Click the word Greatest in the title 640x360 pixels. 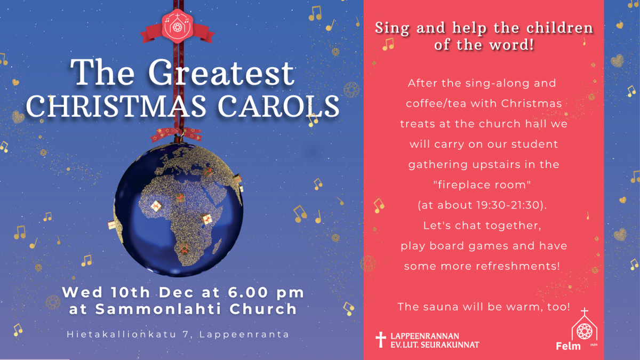(221, 73)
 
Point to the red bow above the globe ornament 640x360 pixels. (177, 134)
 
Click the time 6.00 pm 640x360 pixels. (266, 292)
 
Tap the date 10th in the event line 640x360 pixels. (130, 292)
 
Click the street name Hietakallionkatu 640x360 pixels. (122, 334)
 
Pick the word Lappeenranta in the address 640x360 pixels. (245, 334)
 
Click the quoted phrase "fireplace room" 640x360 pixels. (482, 185)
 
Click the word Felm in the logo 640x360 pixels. (569, 346)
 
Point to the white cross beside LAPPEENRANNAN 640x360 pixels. (381, 340)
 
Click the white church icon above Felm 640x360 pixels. (585, 327)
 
